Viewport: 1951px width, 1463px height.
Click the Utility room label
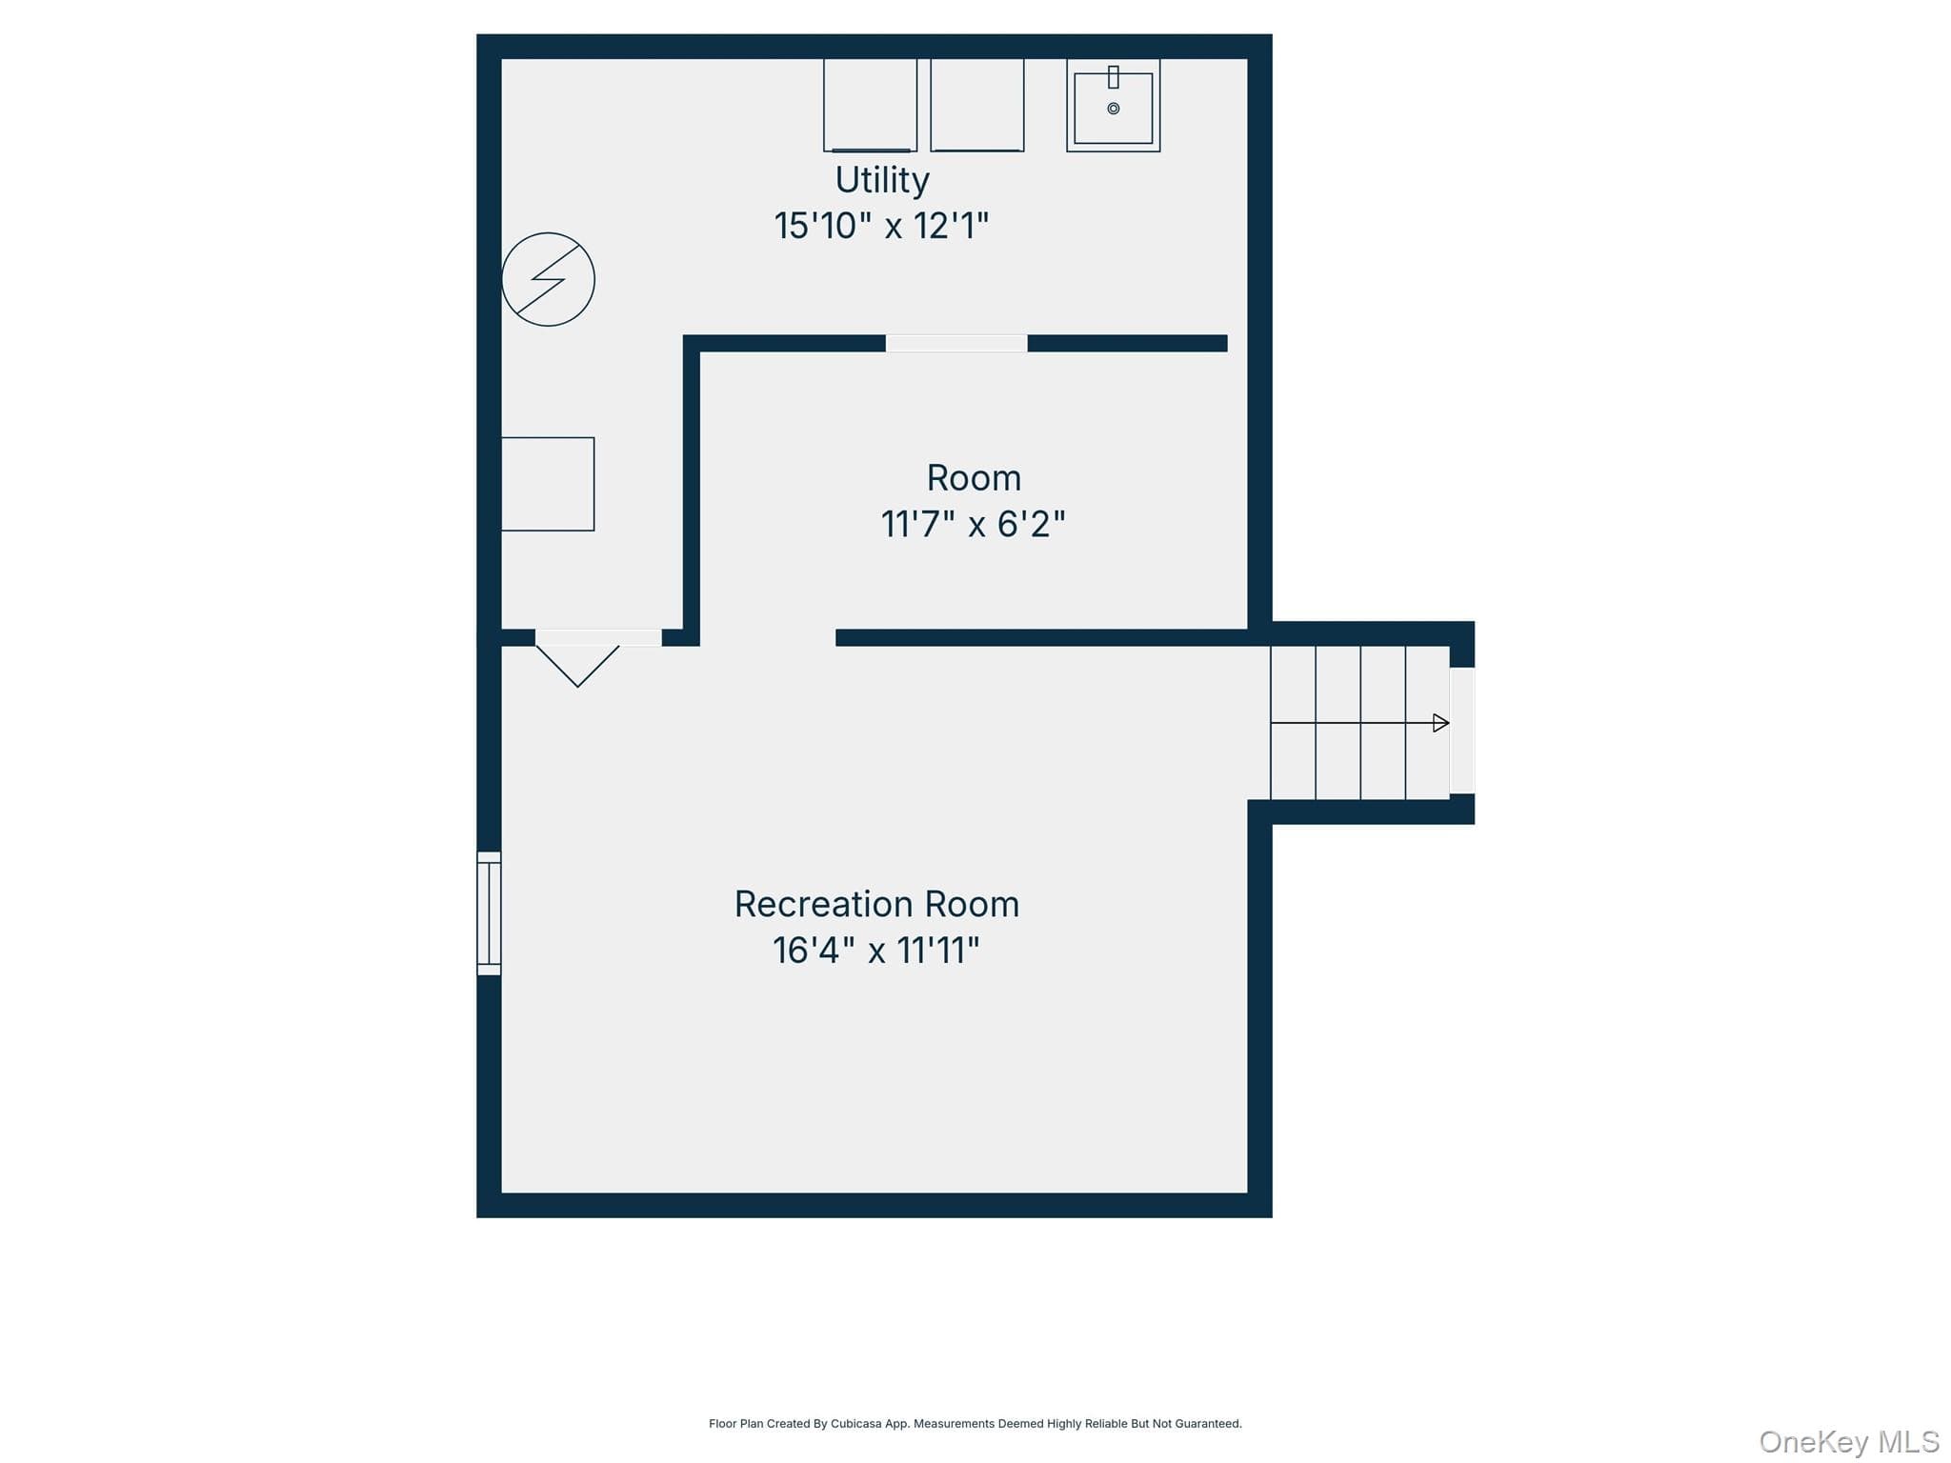pyautogui.click(x=882, y=180)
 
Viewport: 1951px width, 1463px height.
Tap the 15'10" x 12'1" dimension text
pyautogui.click(x=881, y=226)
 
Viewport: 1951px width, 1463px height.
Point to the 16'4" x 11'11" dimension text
pyautogui.click(x=875, y=950)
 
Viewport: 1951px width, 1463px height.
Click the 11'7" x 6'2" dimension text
pyautogui.click(x=973, y=524)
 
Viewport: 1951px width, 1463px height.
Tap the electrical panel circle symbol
pyautogui.click(x=549, y=279)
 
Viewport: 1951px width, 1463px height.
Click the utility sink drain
pyautogui.click(x=1113, y=109)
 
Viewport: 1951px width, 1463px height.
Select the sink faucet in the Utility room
pyautogui.click(x=1113, y=77)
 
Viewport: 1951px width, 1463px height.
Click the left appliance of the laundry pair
pyautogui.click(x=870, y=105)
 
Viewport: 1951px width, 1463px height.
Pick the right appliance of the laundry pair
pyautogui.click(x=977, y=105)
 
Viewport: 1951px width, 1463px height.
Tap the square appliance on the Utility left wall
pyautogui.click(x=548, y=484)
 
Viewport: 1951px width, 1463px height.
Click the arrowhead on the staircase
pyautogui.click(x=1441, y=723)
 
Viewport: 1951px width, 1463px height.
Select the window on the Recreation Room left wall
pyautogui.click(x=489, y=913)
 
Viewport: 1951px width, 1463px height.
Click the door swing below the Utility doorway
pyautogui.click(x=577, y=666)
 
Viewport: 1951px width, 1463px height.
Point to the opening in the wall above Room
pyautogui.click(x=956, y=343)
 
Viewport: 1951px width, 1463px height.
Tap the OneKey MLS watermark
pyautogui.click(x=1849, y=1442)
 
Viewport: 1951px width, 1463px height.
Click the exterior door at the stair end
pyautogui.click(x=1462, y=731)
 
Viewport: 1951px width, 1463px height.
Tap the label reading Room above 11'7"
pyautogui.click(x=974, y=477)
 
